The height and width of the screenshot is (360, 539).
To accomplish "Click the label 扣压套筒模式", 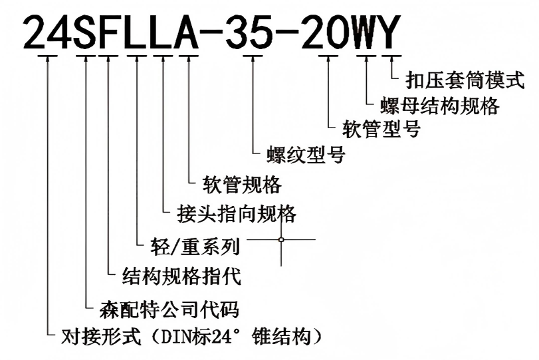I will coord(465,80).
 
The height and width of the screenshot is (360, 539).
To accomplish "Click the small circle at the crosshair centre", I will coord(282,240).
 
